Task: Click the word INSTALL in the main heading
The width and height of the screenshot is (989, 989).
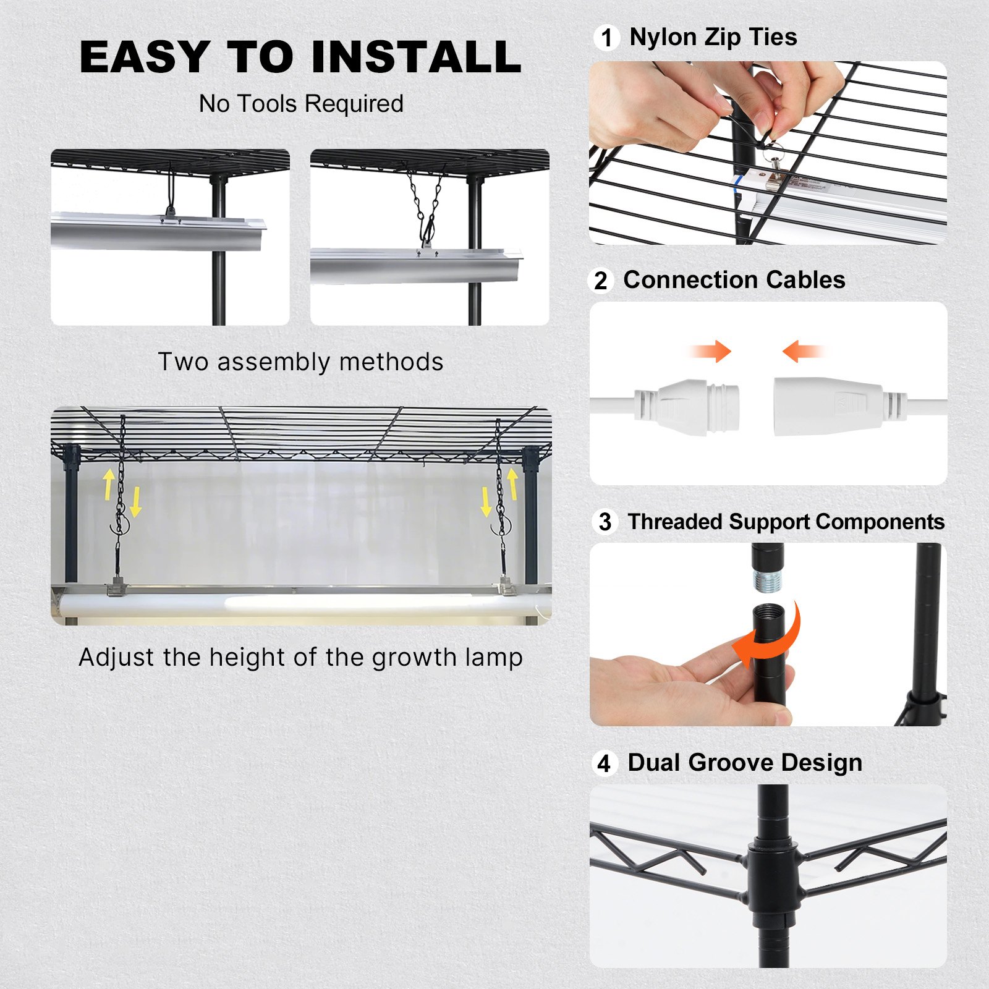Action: [x=416, y=57]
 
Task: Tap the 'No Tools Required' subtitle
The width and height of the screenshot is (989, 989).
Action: [x=301, y=104]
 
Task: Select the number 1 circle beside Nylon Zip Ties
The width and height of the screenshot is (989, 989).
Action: [x=607, y=38]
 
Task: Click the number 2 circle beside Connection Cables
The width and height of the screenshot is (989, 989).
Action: [x=601, y=281]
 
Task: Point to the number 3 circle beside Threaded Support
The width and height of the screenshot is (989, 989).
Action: [x=605, y=522]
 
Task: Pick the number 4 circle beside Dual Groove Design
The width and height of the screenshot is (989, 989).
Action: [x=604, y=763]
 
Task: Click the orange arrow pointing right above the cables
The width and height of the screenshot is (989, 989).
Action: [x=712, y=351]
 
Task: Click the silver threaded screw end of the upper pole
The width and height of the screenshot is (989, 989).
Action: [x=766, y=581]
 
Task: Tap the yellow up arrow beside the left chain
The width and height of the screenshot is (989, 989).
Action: [x=109, y=484]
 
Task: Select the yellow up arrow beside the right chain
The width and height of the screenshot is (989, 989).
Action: [x=512, y=483]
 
